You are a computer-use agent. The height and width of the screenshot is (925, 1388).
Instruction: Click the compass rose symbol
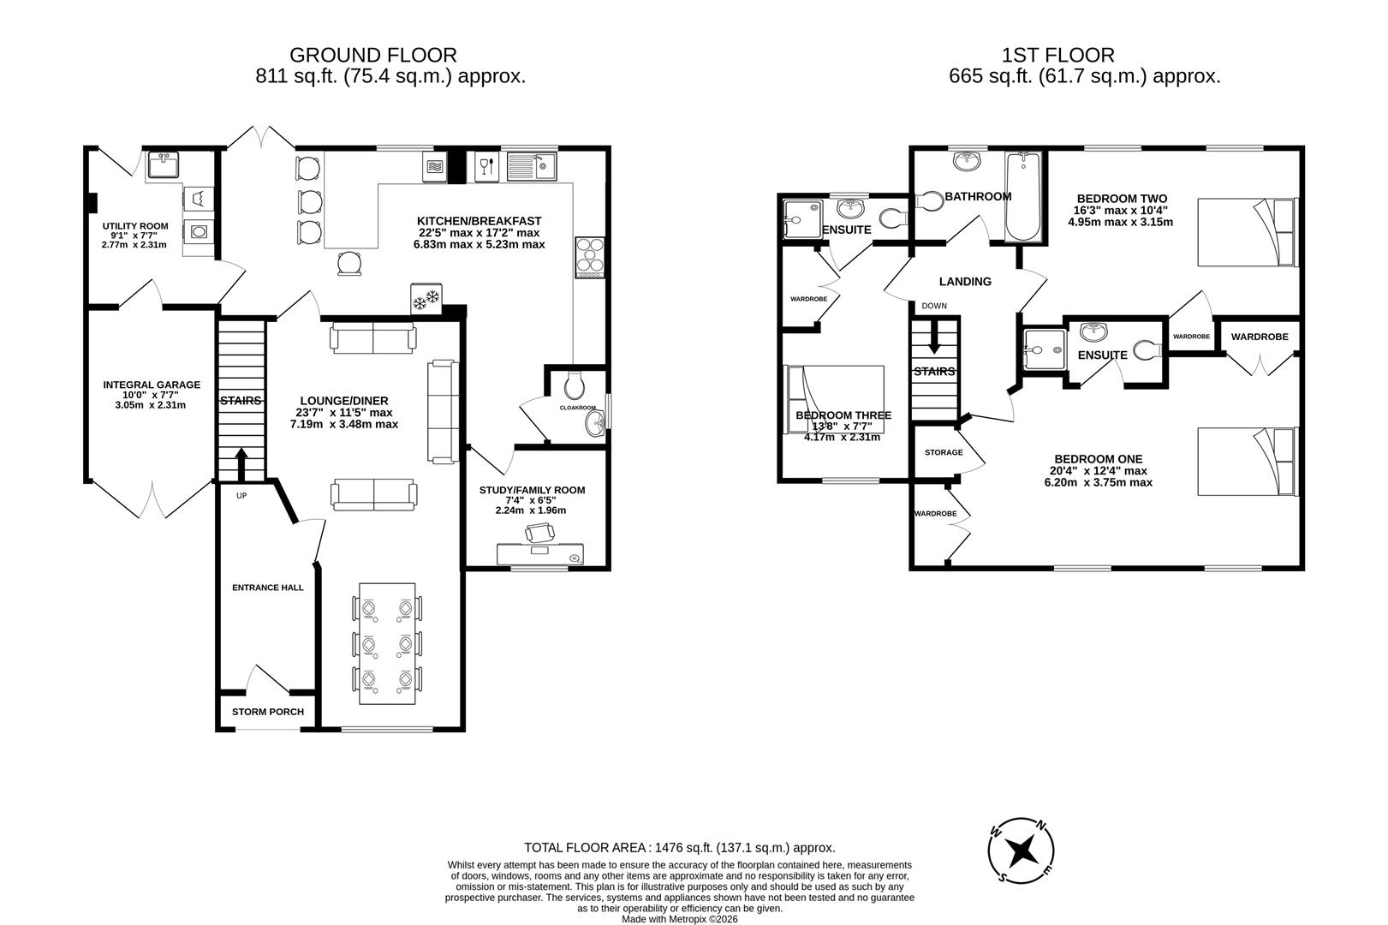pos(1021,850)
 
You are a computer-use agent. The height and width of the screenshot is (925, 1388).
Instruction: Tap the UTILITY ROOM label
pos(135,226)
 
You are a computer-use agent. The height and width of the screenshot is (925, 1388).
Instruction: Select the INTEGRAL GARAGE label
pos(152,385)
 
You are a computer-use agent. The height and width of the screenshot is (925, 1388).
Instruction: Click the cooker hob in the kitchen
pos(589,257)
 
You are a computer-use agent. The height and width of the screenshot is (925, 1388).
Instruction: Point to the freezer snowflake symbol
pos(426,297)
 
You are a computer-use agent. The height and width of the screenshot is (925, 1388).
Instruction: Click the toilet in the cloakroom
pos(575,385)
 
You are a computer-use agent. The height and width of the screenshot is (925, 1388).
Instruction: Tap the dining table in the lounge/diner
pos(388,643)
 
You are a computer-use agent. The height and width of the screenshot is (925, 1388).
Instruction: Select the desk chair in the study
pos(539,533)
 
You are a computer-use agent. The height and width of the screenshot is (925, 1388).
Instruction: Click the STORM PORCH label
pos(268,712)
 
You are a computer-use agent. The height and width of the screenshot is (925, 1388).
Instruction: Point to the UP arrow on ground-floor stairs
pos(241,464)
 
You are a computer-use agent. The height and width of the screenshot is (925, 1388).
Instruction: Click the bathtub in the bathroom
pos(1023,196)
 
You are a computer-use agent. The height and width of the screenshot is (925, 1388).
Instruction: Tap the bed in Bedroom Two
pos(1248,232)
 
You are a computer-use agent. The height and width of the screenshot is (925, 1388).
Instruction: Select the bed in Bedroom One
pos(1248,462)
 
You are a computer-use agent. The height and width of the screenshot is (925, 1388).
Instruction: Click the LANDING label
pos(965,282)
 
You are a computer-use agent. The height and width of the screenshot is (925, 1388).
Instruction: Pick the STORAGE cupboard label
pos(944,452)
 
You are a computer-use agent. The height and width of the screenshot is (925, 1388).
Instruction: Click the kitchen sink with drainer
pos(532,166)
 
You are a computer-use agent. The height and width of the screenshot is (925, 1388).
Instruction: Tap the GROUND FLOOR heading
pos(373,55)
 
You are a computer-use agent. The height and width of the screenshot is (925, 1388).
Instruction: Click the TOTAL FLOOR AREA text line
pos(680,848)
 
